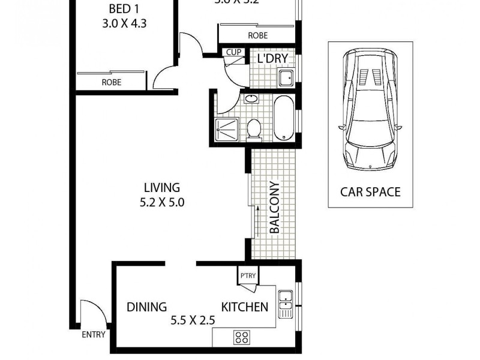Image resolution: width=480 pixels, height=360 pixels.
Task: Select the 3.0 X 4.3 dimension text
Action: pyautogui.click(x=125, y=25)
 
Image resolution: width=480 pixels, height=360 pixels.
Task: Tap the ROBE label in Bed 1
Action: pyautogui.click(x=112, y=82)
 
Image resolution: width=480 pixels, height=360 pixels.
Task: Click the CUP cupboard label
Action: pyautogui.click(x=233, y=52)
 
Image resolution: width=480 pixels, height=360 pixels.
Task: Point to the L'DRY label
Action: pyautogui.click(x=272, y=58)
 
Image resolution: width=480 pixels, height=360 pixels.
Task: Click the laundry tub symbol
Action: pyautogui.click(x=286, y=77)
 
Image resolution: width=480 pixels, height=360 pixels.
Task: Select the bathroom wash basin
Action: pyautogui.click(x=251, y=98)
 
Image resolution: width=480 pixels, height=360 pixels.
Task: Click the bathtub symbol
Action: pyautogui.click(x=283, y=116)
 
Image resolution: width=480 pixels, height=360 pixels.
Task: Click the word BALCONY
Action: pyautogui.click(x=274, y=207)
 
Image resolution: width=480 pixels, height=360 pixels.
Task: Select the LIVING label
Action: pyautogui.click(x=161, y=188)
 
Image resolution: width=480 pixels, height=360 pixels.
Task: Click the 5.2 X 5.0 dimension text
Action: pyautogui.click(x=161, y=202)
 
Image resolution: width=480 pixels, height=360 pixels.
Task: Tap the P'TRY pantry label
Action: pyautogui.click(x=247, y=276)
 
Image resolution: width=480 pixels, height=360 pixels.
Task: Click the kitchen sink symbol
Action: pyautogui.click(x=286, y=304)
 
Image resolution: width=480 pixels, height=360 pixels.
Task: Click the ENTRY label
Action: pyautogui.click(x=94, y=335)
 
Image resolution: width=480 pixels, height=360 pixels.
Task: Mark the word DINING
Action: pyautogui.click(x=146, y=307)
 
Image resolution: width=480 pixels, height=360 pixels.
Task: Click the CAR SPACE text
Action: pyautogui.click(x=370, y=192)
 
